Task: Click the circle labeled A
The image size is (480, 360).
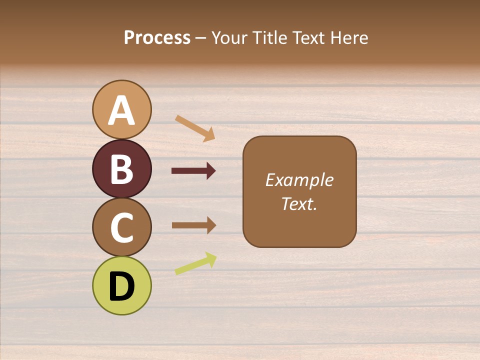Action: [121, 109]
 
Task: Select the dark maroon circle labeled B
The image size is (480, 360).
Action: [121, 169]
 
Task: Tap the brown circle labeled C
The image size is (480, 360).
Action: [121, 227]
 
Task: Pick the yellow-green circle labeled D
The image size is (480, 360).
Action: [121, 286]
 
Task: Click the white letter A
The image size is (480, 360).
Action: [121, 110]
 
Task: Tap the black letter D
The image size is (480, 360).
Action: [121, 287]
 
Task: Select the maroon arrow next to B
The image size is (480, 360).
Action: [193, 171]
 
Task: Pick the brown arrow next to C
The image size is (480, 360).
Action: [193, 225]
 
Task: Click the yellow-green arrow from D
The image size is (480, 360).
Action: [195, 263]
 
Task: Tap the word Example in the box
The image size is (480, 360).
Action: [299, 180]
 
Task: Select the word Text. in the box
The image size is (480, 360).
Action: [299, 203]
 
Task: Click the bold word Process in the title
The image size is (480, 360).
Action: [157, 38]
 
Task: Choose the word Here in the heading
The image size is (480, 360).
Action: [348, 38]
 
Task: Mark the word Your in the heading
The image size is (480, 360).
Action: [230, 38]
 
